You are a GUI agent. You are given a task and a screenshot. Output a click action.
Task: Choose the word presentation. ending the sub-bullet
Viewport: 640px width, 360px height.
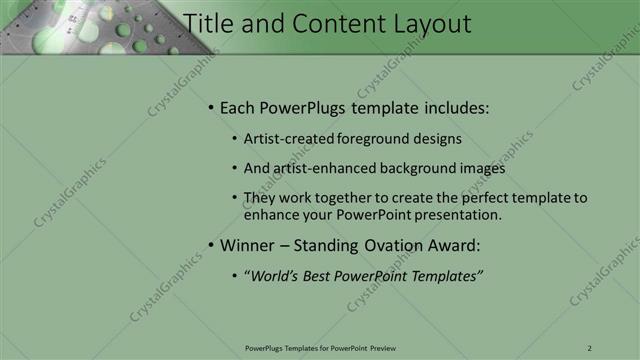[x=455, y=215]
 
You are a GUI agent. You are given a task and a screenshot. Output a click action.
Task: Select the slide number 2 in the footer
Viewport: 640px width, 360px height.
[x=589, y=347]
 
